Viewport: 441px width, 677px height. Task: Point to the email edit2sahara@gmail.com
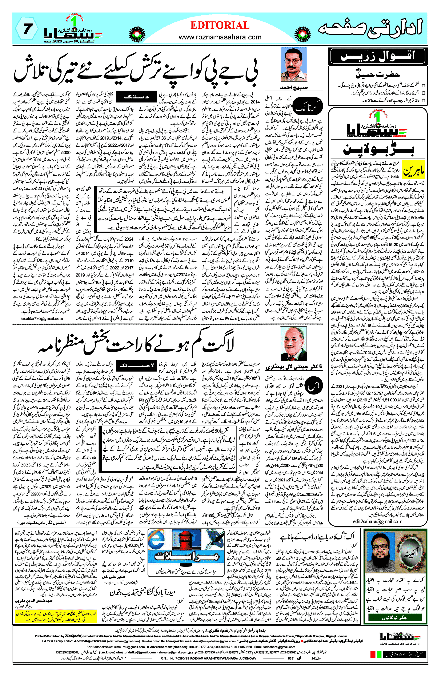click(378, 521)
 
